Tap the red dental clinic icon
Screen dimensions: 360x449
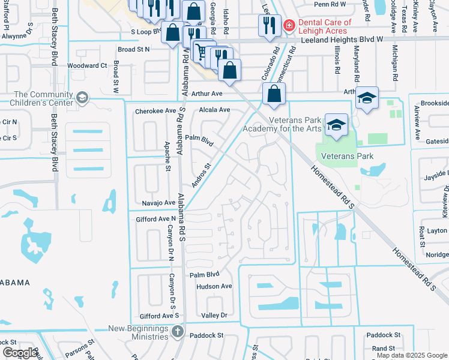(289, 25)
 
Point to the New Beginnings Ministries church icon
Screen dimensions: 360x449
(177, 331)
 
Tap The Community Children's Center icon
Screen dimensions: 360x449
(82, 98)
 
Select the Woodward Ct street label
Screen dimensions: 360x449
(87, 65)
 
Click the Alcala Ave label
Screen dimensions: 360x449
(215, 110)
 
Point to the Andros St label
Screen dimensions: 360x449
(202, 175)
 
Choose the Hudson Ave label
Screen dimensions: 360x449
(214, 286)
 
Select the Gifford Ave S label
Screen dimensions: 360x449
(159, 315)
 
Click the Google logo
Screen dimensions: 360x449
(20, 353)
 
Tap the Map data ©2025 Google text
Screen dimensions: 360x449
(412, 355)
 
